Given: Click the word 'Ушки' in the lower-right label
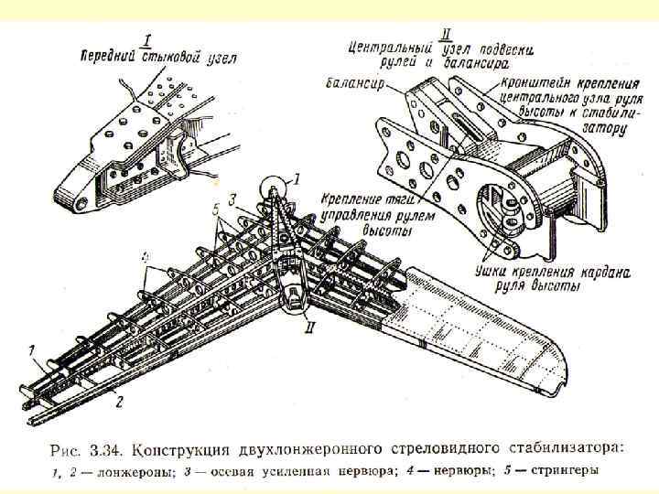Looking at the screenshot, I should tap(494, 272).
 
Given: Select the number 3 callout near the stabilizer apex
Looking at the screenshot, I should tap(233, 199).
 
